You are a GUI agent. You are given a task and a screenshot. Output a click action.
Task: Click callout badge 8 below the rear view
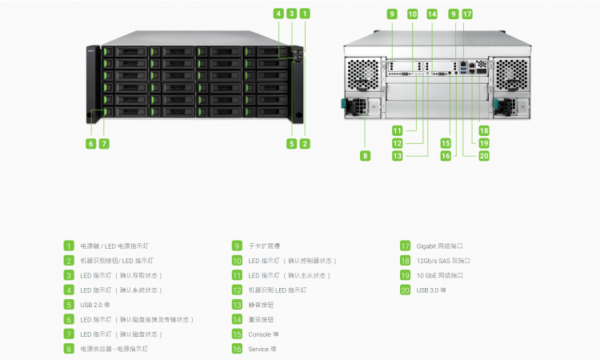pyautogui.click(x=366, y=156)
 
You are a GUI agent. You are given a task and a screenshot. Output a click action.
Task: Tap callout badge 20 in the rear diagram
pyautogui.click(x=484, y=156)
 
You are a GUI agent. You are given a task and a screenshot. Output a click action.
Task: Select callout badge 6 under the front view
pyautogui.click(x=91, y=143)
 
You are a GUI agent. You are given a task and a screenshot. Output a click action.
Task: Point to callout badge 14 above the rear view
pyautogui.click(x=432, y=14)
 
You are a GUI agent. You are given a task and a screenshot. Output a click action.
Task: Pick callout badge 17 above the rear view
pyautogui.click(x=467, y=14)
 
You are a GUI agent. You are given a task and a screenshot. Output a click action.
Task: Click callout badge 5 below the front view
pyautogui.click(x=292, y=143)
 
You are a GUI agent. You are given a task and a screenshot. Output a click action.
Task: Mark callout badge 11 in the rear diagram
pyautogui.click(x=397, y=130)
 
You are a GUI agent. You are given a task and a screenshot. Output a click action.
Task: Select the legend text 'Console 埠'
pyautogui.click(x=264, y=334)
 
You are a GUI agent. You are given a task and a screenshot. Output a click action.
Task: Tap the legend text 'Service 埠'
pyautogui.click(x=263, y=349)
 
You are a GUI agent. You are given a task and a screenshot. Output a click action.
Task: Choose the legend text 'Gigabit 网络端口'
pyautogui.click(x=440, y=246)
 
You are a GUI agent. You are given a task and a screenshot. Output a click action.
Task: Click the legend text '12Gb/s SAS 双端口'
pyautogui.click(x=443, y=261)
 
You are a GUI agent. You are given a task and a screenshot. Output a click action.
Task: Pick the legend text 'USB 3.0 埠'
pyautogui.click(x=431, y=290)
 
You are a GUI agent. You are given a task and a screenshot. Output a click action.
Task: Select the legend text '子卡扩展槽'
pyautogui.click(x=263, y=246)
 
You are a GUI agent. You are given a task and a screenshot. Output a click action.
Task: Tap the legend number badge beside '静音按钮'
pyautogui.click(x=237, y=305)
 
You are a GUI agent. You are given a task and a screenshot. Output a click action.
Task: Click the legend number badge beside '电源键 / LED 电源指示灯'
pyautogui.click(x=70, y=246)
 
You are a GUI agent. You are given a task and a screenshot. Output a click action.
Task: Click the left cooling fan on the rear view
pyautogui.click(x=363, y=74)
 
